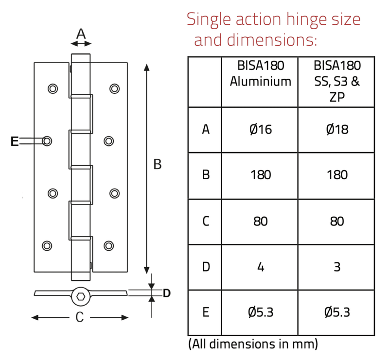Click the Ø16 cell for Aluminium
pos(260,130)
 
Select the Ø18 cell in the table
pos(337,130)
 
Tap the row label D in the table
pos(206,267)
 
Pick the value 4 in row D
pos(260,267)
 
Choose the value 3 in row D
pos(337,267)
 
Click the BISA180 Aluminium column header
pos(260,73)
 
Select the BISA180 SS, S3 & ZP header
pos(337,81)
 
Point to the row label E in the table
pos(206,312)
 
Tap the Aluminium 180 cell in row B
pos(260,175)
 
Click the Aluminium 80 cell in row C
pos(260,222)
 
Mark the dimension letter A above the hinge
pos(81,34)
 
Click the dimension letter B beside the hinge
pos(157,165)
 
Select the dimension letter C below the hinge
pos(80,318)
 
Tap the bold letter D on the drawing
pos(166,293)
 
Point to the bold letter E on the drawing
pos(15,141)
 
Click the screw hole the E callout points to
pos(47,141)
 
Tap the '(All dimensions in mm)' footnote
pos(253,344)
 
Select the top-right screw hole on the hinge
pos(114,88)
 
